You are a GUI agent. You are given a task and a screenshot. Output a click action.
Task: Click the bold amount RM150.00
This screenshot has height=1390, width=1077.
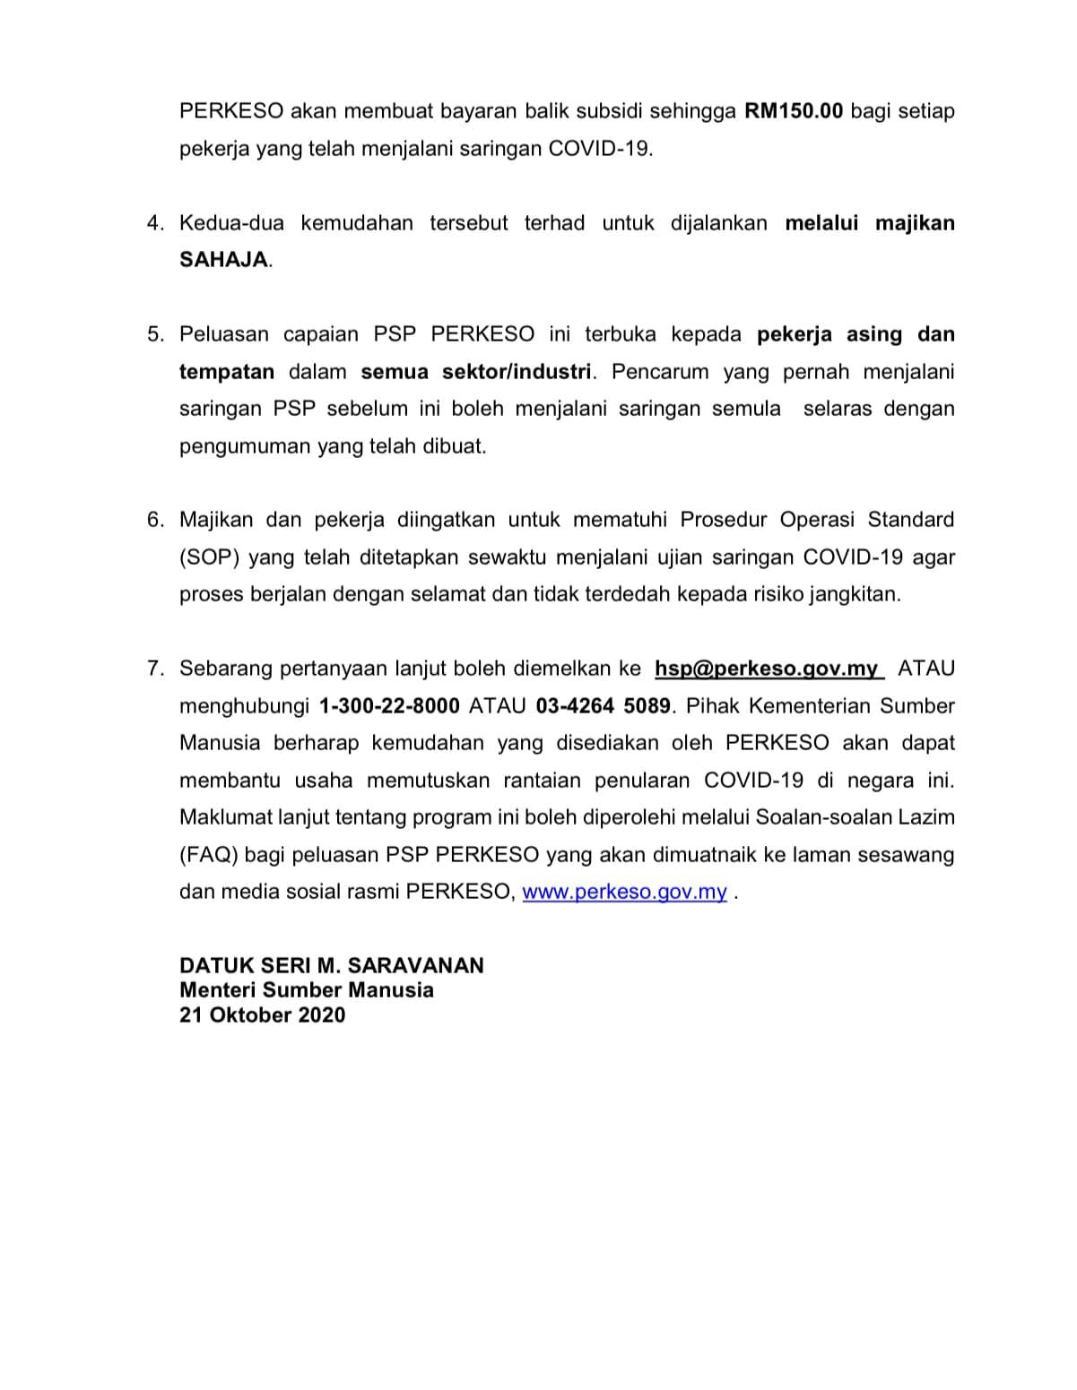(x=795, y=112)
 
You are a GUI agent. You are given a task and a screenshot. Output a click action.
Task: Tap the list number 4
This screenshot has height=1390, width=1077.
(x=154, y=223)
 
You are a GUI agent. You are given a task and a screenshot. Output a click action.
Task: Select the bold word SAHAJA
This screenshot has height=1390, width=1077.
(x=224, y=260)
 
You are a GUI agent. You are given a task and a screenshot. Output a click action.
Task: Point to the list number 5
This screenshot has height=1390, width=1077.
(x=154, y=334)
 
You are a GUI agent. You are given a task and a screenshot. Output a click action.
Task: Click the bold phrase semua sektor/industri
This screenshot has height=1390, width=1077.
(x=476, y=372)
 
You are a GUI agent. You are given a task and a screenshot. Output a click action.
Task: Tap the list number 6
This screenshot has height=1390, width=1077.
(x=154, y=520)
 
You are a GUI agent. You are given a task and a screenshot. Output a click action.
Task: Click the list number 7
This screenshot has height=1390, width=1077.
(x=154, y=669)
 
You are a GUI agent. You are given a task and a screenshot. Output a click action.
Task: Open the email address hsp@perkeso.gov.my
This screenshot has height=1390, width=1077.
(x=767, y=669)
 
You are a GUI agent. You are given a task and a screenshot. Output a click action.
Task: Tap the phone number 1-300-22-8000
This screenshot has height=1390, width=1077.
(x=389, y=706)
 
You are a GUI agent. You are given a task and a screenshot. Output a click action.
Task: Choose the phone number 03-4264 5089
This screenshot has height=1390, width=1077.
(x=604, y=706)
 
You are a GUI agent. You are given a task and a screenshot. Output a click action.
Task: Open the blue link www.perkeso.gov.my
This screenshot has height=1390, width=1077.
(x=624, y=893)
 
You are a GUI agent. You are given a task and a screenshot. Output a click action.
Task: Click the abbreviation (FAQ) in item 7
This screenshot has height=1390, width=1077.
(x=209, y=855)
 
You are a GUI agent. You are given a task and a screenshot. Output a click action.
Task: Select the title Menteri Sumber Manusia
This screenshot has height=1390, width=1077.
(x=307, y=990)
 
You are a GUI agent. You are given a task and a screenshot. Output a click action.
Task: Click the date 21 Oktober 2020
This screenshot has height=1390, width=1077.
(x=262, y=1015)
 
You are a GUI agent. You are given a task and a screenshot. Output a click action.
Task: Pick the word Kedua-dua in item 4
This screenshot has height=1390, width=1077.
(x=231, y=223)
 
